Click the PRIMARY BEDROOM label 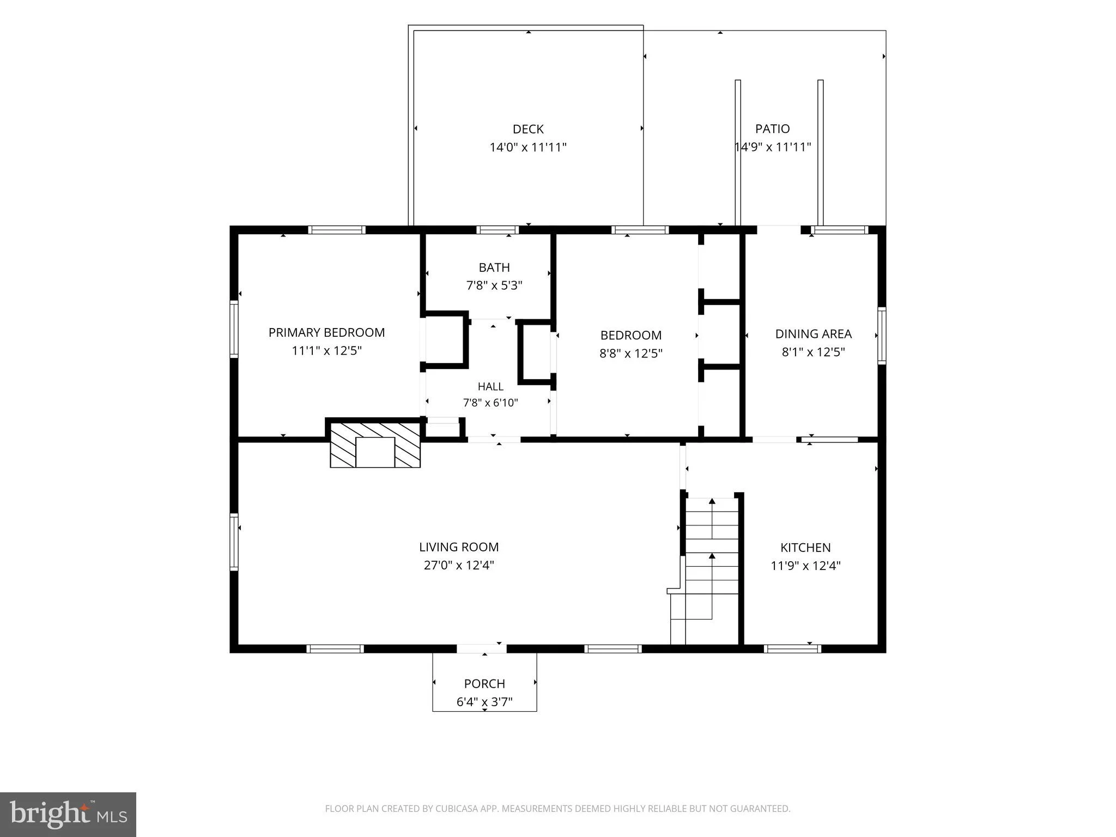tap(326, 332)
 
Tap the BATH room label tap(494, 268)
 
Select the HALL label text tap(490, 387)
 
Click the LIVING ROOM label tap(459, 547)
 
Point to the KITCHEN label tap(805, 548)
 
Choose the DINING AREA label tap(813, 334)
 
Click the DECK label tap(528, 129)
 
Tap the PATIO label tap(772, 129)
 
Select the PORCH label tap(484, 684)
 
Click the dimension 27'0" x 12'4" tap(459, 565)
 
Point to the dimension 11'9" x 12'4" tap(805, 566)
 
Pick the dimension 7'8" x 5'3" tap(494, 286)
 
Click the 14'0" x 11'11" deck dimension tap(528, 147)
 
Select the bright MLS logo tap(68, 815)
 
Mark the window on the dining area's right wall tap(881, 335)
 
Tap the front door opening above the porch tap(481, 648)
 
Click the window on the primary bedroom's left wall tap(234, 329)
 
